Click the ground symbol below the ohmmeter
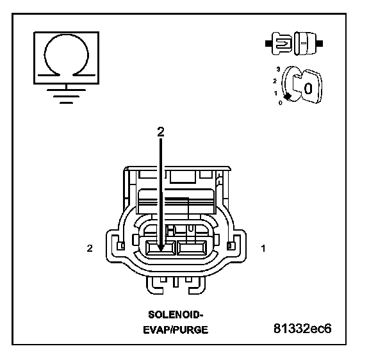coord(66,96)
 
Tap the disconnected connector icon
coord(294,44)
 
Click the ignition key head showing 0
coord(307,86)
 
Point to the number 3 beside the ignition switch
coord(279,69)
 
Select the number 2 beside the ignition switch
coord(275,81)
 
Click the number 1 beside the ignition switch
coord(275,93)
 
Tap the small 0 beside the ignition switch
coord(280,103)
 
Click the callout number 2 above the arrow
coord(161,132)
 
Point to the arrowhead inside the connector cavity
coord(161,248)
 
